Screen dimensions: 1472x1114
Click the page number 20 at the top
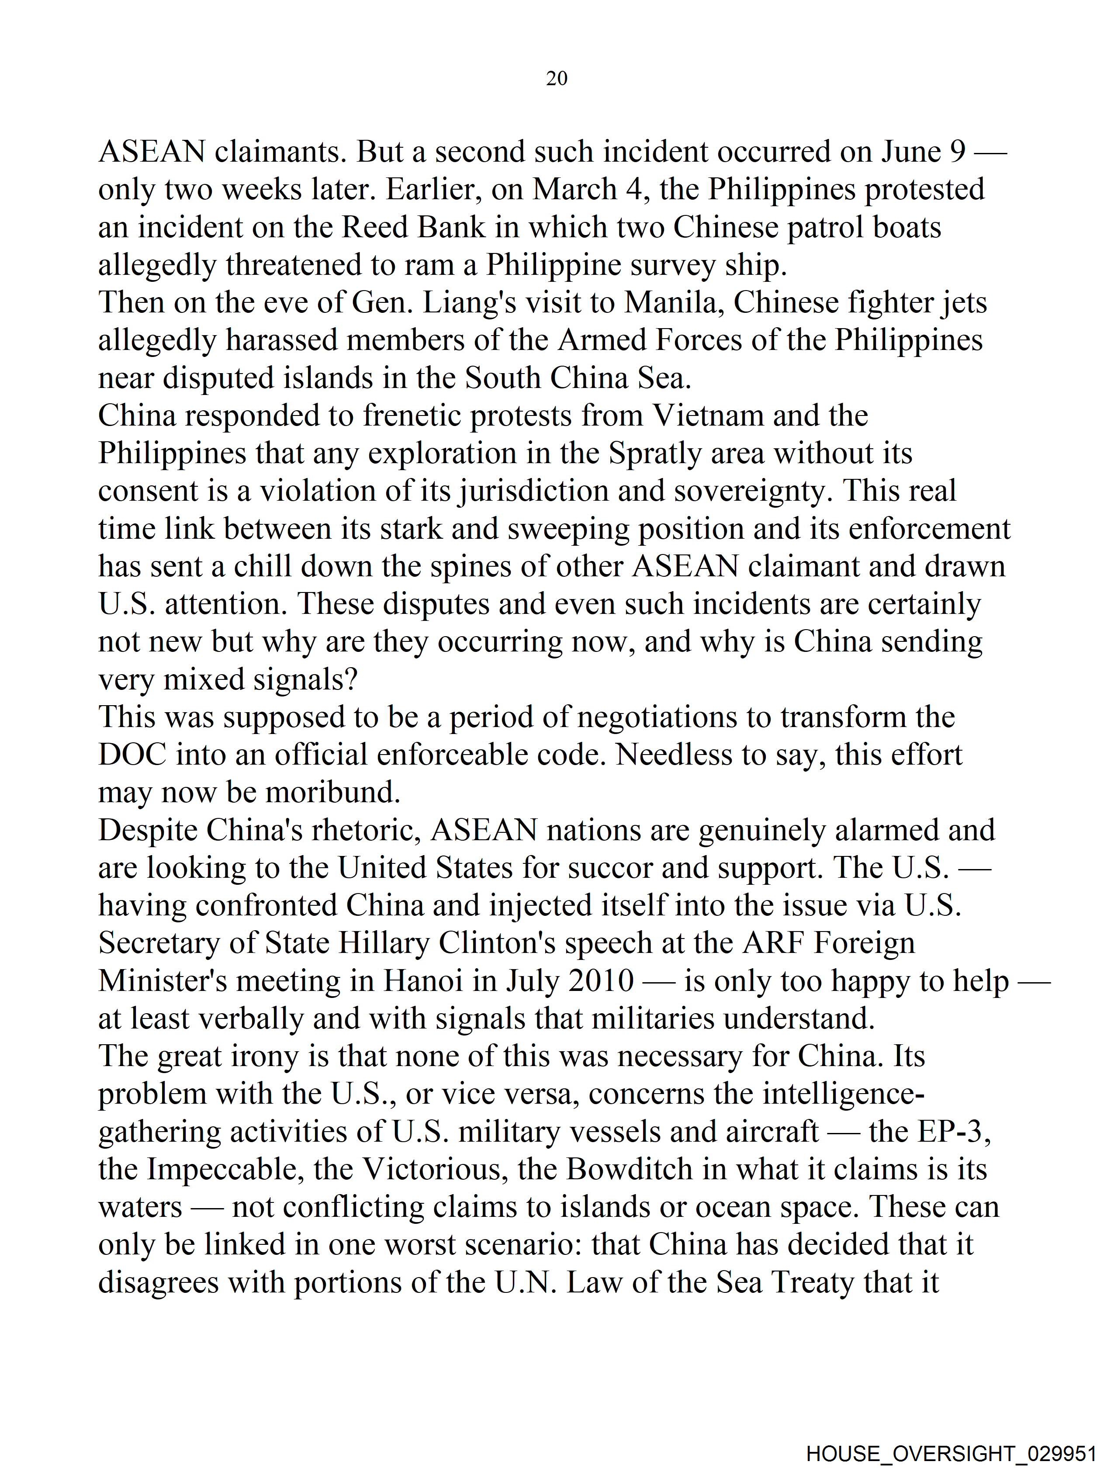tap(556, 79)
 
